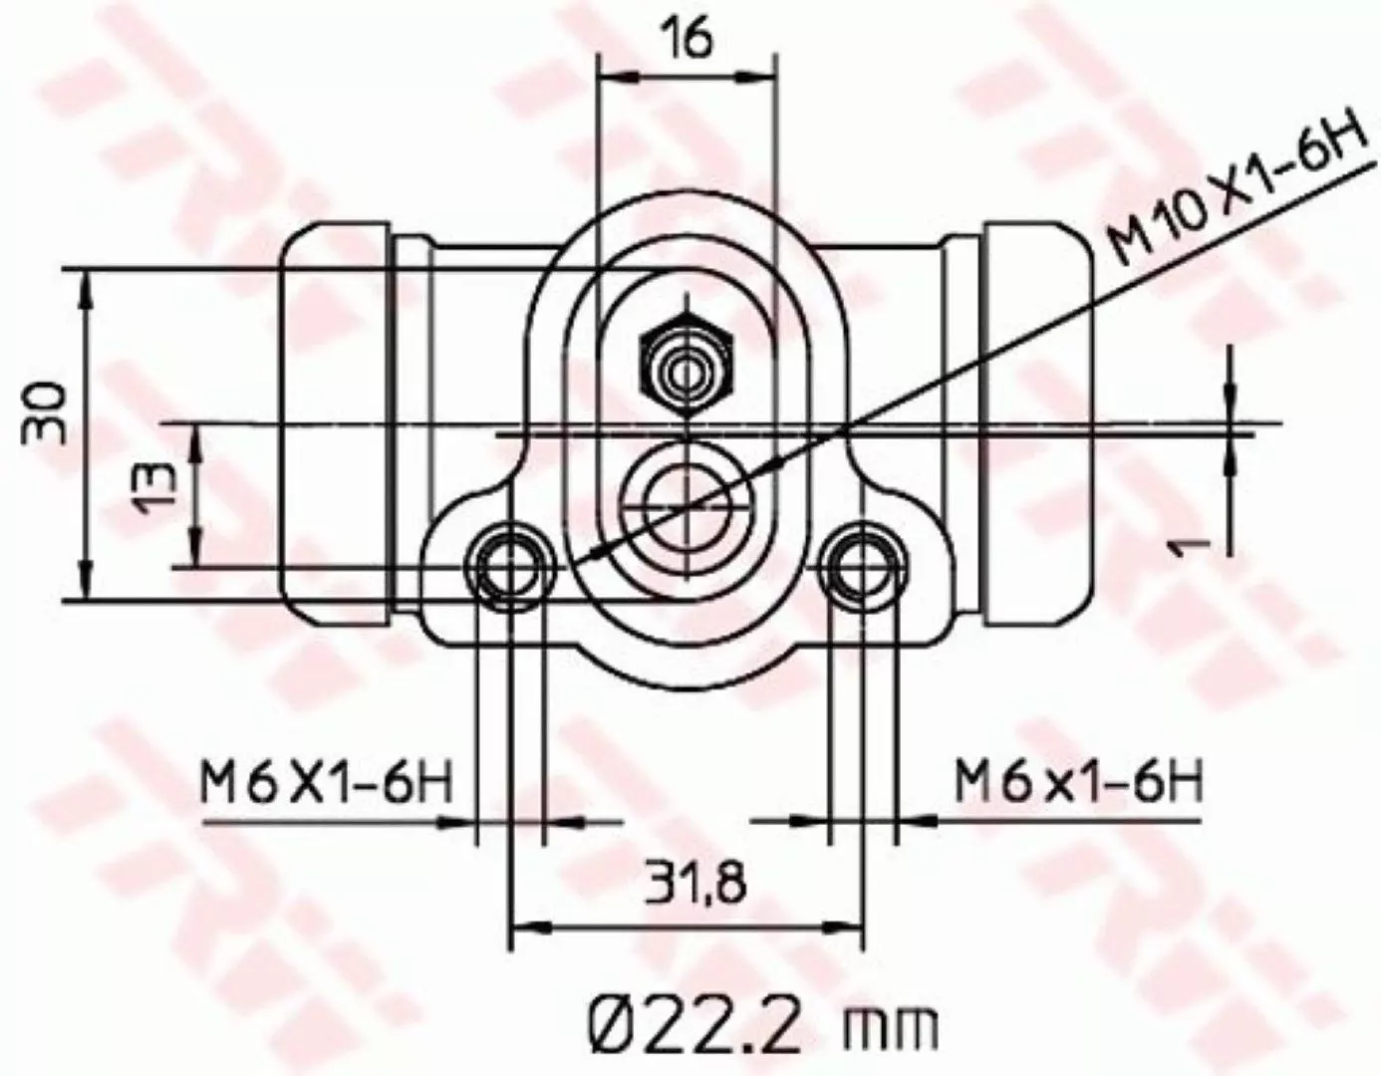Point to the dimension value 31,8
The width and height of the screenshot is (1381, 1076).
(x=693, y=881)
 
